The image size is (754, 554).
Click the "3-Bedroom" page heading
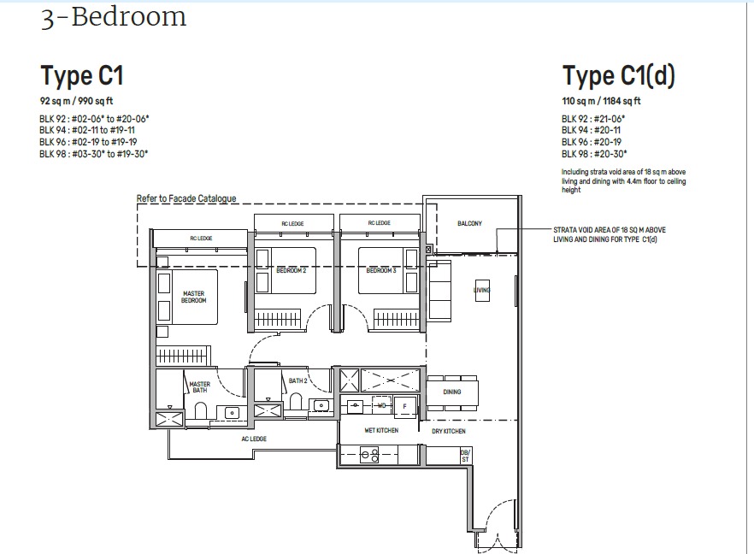(x=113, y=18)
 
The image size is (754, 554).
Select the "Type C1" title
(x=82, y=76)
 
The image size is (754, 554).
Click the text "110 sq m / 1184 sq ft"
(x=601, y=101)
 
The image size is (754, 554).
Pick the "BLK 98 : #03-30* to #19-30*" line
(x=94, y=154)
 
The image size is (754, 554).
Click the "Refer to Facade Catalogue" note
(x=186, y=198)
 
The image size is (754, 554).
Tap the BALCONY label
(x=469, y=224)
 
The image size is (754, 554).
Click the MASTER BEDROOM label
(x=194, y=297)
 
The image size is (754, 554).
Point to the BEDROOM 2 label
(x=292, y=270)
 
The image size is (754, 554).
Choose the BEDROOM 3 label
(x=381, y=270)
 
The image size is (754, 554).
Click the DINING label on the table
(x=452, y=392)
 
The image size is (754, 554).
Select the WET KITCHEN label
(x=381, y=430)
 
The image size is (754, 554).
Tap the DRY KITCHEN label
(x=448, y=431)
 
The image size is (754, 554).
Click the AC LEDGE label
(x=253, y=439)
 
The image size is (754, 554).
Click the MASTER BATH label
(x=199, y=387)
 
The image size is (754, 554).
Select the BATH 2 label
(x=297, y=380)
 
